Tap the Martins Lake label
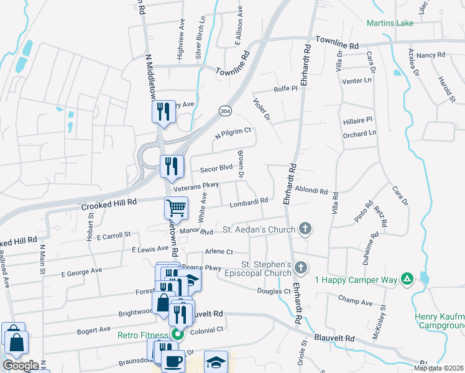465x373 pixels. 390,24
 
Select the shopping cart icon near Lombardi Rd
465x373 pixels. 176,208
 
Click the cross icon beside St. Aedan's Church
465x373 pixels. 305,229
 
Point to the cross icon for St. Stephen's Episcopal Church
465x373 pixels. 301,269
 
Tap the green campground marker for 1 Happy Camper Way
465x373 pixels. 407,279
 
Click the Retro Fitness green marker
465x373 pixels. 177,334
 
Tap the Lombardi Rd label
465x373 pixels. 249,201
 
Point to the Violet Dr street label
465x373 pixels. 262,108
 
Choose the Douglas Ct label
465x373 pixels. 274,290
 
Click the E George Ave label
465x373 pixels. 81,271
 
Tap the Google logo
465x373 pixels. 21,365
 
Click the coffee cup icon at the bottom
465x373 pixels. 172,360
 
